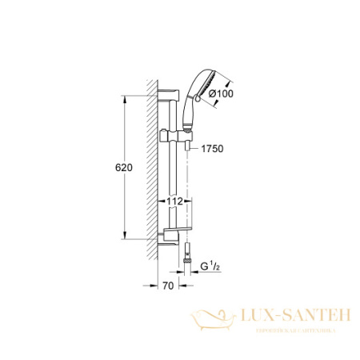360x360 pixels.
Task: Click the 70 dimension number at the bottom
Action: click(x=166, y=285)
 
